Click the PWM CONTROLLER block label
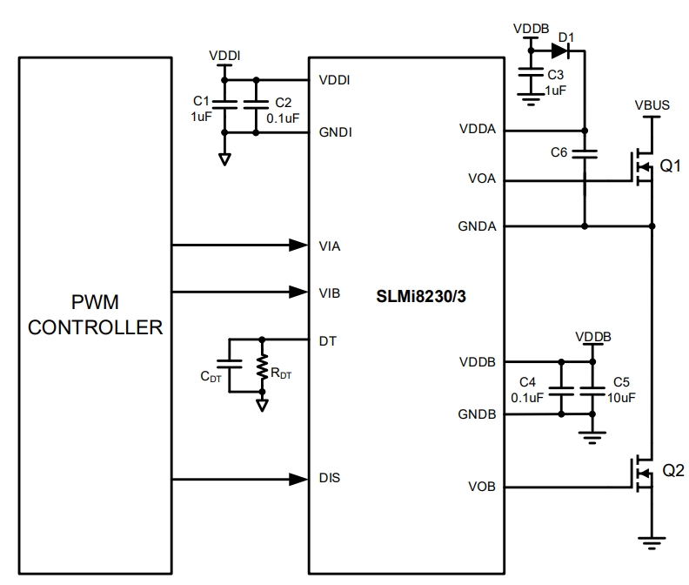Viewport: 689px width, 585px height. pos(96,315)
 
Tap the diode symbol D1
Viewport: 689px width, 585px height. pos(559,50)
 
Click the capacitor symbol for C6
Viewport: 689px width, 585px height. pos(585,153)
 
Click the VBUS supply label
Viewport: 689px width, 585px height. pos(652,104)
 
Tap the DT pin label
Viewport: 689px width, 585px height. pos(328,340)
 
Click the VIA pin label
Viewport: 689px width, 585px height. pos(330,246)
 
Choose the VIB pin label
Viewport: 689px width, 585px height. pos(330,292)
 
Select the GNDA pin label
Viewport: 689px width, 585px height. pos(477,226)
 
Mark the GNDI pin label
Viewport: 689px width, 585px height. pos(336,132)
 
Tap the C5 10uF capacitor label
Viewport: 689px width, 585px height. pos(622,390)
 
